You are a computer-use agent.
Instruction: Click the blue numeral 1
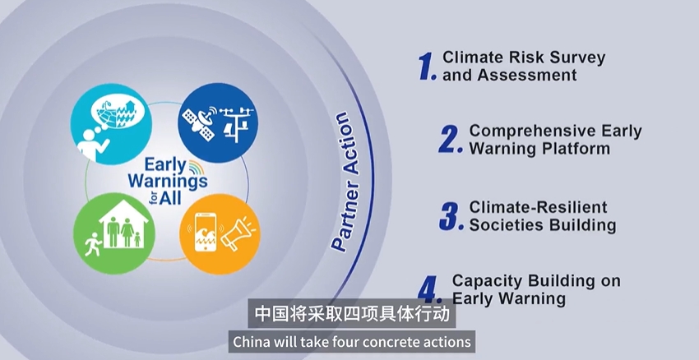426,67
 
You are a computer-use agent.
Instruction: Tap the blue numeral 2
450,140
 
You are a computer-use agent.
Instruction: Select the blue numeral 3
451,216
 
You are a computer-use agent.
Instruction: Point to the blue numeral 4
430,289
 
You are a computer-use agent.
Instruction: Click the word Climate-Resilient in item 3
538,207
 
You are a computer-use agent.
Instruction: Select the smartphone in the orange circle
206,233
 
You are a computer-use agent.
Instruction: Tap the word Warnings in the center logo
168,182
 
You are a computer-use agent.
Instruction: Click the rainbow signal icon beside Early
197,167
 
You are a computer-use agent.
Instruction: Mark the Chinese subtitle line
352,314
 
